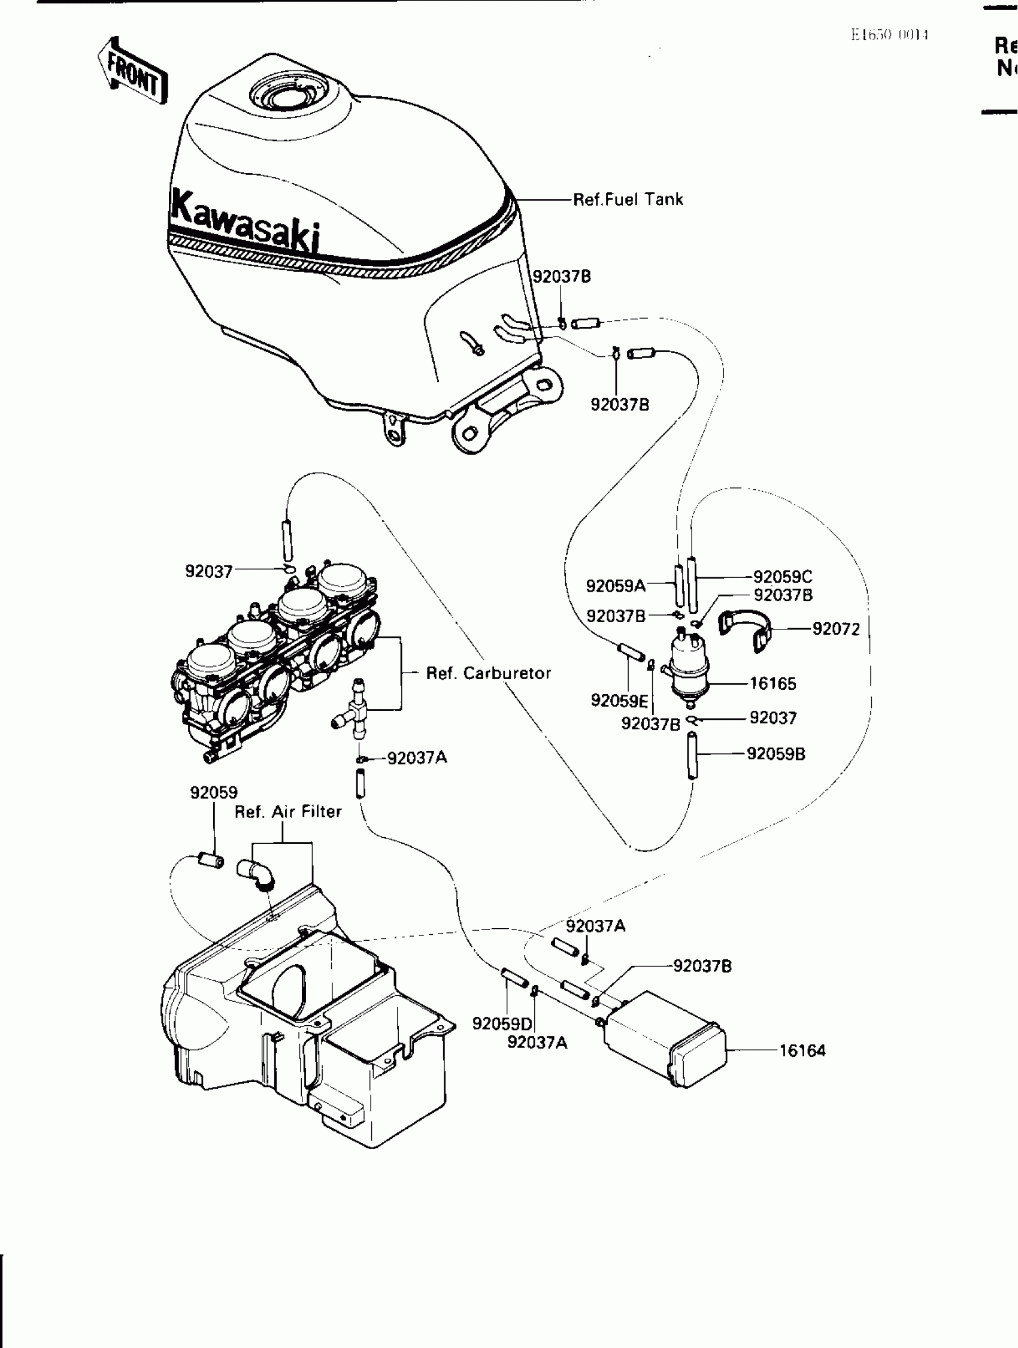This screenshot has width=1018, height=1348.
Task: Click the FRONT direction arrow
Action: click(x=133, y=71)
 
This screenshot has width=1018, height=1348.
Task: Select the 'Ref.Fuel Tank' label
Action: click(x=628, y=199)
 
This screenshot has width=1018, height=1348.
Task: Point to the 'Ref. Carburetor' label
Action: click(x=488, y=673)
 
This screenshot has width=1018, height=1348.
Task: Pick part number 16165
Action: click(x=772, y=683)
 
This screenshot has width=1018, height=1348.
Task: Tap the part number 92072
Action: click(x=836, y=629)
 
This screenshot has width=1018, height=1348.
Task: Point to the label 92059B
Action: click(x=775, y=754)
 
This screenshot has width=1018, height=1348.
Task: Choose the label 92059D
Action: click(x=502, y=1024)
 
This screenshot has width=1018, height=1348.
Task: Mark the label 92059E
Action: click(x=619, y=700)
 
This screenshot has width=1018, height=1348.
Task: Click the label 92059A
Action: click(x=616, y=586)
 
